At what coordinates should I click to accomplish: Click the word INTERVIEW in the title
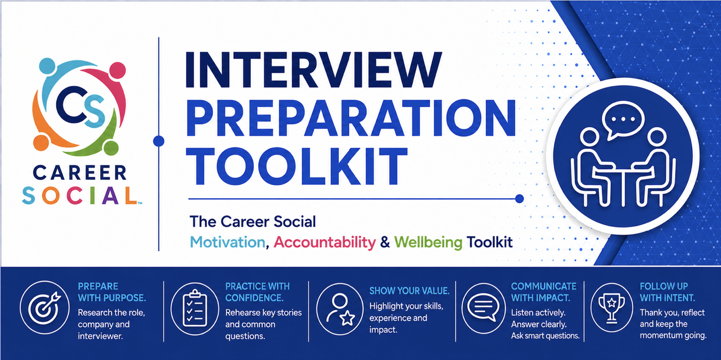[313, 69]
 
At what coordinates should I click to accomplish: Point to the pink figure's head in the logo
[117, 70]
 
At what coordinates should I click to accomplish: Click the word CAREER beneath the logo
[79, 173]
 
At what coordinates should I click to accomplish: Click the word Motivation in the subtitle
[227, 242]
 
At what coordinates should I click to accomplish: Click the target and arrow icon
[45, 307]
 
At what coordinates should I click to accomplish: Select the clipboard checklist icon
[195, 308]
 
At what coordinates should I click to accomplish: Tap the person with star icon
[340, 309]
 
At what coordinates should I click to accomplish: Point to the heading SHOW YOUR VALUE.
[409, 291]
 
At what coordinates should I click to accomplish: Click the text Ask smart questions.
[545, 336]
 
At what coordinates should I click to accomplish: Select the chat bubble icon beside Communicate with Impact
[483, 308]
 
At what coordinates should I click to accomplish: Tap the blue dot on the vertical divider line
[159, 141]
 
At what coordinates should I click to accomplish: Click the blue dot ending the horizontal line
[519, 199]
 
